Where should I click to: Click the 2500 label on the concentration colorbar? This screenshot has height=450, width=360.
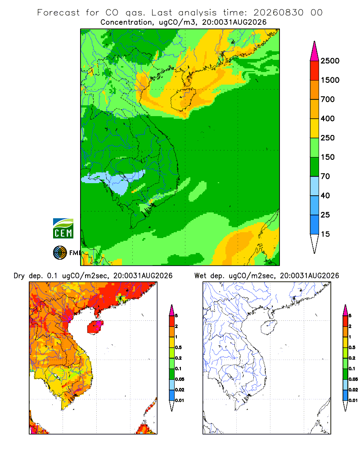point(330,61)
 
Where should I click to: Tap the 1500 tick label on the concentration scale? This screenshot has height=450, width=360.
point(330,80)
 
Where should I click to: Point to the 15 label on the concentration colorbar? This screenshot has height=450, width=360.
point(325,234)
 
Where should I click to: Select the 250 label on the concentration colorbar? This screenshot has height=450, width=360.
point(328,138)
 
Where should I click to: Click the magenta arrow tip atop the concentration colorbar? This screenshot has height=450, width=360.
point(315,51)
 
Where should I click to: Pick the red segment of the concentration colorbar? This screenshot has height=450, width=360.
point(315,71)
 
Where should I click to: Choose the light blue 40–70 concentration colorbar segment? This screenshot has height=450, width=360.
point(315,186)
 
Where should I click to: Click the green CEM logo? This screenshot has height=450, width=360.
point(63,229)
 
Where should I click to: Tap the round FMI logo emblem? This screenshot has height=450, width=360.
point(60,253)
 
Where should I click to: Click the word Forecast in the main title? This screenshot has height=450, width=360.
point(58,13)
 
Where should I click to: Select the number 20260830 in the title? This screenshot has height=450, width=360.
point(278,13)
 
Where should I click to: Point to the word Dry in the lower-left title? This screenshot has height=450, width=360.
point(19,276)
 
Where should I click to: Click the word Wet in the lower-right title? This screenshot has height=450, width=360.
point(200,276)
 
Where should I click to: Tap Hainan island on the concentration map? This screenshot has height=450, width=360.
point(183,99)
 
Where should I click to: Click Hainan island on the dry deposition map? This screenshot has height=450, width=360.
point(95,327)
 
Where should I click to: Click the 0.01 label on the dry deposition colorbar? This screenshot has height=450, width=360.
point(180,400)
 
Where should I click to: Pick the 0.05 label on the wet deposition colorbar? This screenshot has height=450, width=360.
point(353,379)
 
